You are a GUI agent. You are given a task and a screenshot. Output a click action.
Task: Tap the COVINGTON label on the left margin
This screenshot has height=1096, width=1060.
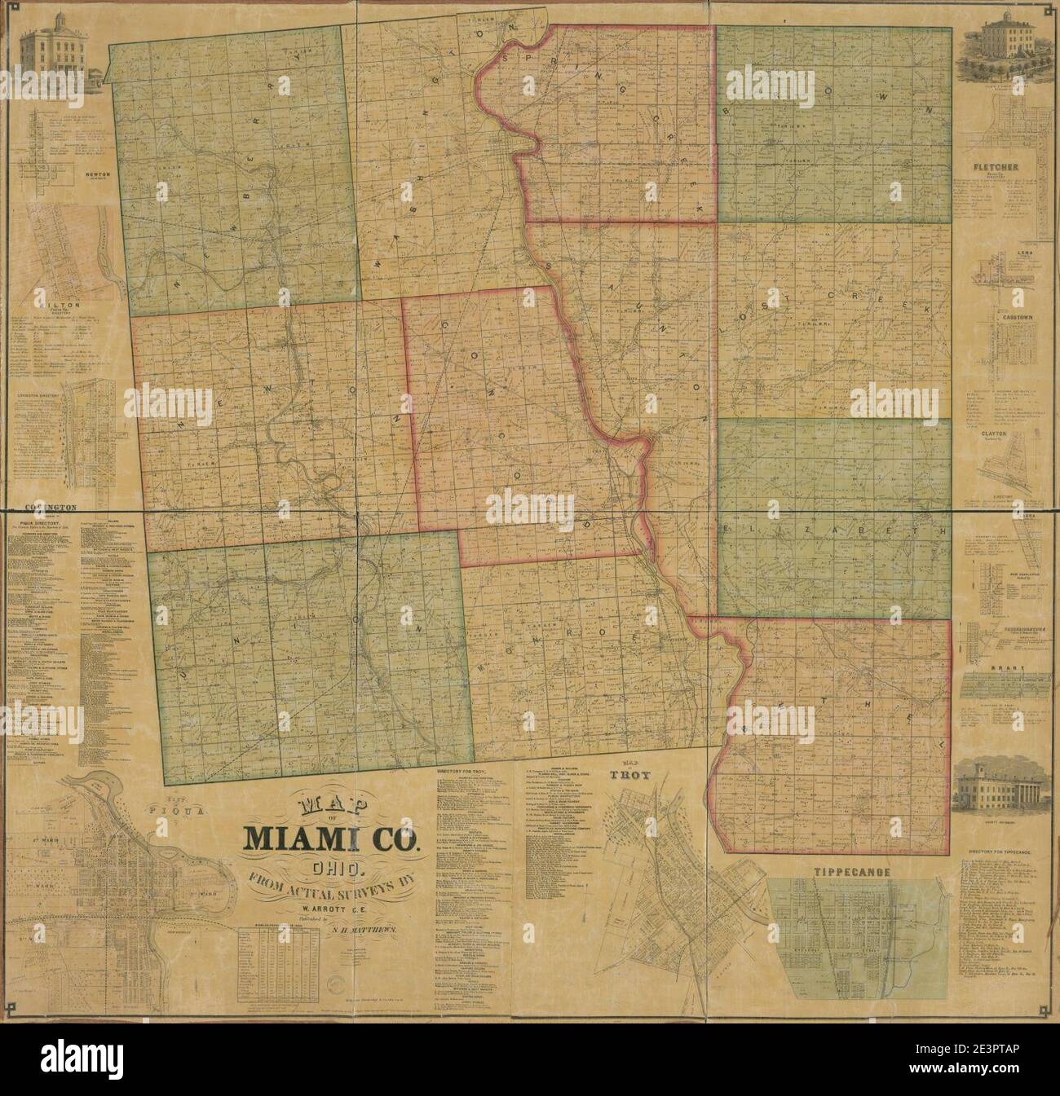tap(51, 506)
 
